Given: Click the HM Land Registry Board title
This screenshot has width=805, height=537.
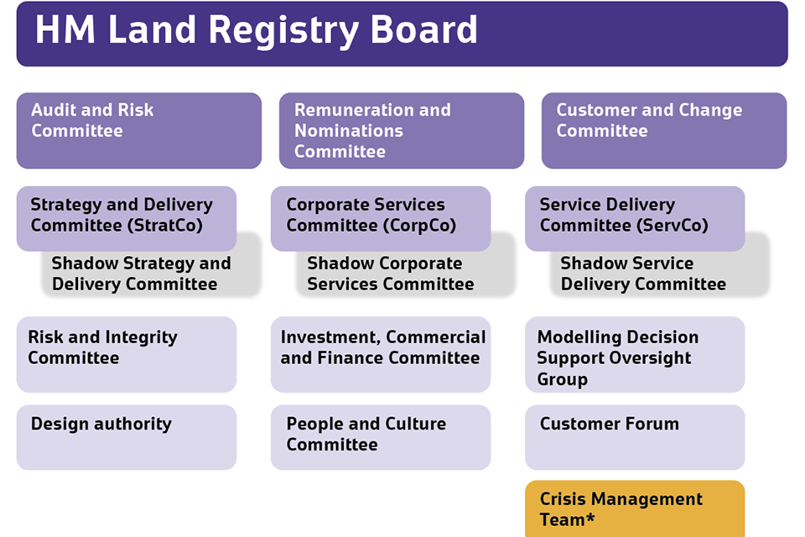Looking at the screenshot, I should click(x=256, y=31).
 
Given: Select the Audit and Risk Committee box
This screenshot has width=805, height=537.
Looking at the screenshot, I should click(x=138, y=131).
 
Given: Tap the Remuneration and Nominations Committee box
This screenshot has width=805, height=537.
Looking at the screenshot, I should click(x=401, y=131).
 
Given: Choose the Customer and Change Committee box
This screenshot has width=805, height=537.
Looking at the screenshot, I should click(x=663, y=131).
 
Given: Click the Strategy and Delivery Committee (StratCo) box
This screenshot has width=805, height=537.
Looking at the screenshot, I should click(x=126, y=216).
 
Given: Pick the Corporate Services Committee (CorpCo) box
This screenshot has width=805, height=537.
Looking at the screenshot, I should click(x=380, y=216).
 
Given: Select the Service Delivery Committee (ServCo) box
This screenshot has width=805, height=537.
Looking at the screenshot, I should click(x=634, y=216).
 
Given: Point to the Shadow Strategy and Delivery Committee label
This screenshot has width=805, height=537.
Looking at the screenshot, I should click(x=141, y=274).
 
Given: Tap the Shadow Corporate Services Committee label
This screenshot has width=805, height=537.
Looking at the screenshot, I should click(x=391, y=274).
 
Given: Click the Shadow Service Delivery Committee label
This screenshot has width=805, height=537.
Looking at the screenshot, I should click(x=643, y=274).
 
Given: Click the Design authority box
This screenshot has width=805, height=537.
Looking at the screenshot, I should click(x=126, y=436).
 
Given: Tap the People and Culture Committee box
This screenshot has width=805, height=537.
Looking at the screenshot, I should click(x=380, y=436).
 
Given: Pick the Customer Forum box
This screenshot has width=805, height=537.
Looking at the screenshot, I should click(x=634, y=436).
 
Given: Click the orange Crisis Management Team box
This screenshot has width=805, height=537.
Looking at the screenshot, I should click(x=634, y=508).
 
